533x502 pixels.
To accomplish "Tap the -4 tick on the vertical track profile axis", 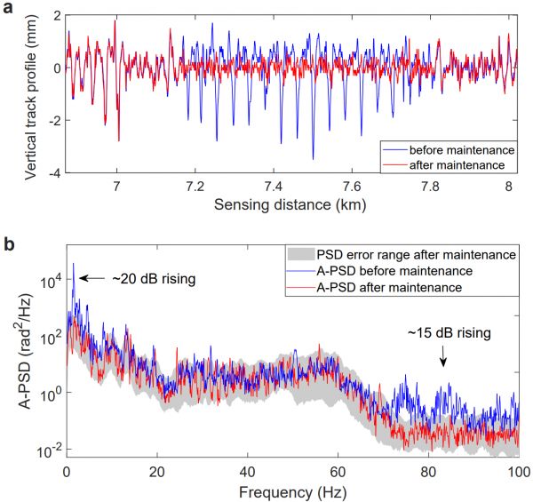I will [x=54, y=173].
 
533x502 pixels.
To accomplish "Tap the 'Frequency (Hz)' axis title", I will [x=292, y=490].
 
